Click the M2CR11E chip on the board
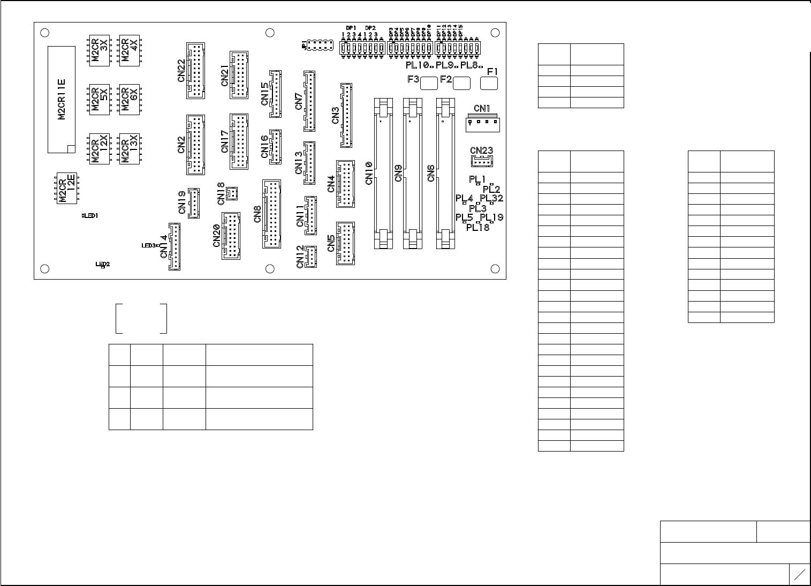click(62, 100)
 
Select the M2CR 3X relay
click(100, 51)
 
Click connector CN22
click(196, 70)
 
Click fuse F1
click(489, 83)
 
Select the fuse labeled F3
click(429, 83)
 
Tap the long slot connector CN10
click(383, 173)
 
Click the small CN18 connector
click(232, 193)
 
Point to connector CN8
click(272, 214)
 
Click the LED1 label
click(90, 216)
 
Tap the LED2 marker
click(102, 265)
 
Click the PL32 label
click(491, 198)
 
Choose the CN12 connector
click(310, 257)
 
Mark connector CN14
click(175, 246)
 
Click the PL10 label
click(418, 65)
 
